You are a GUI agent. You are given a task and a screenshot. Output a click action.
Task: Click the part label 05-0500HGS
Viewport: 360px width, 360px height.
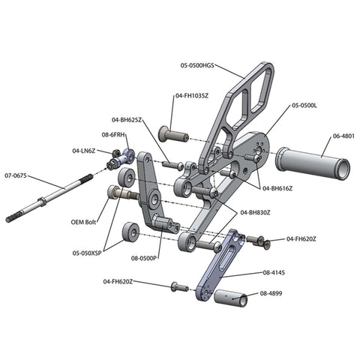[x=197, y=65]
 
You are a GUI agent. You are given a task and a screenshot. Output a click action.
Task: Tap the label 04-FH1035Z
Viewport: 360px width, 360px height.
[x=192, y=95]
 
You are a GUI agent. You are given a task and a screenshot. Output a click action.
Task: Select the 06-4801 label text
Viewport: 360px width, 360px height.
[x=343, y=136]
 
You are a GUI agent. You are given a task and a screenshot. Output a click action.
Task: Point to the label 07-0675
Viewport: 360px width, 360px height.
[x=16, y=175]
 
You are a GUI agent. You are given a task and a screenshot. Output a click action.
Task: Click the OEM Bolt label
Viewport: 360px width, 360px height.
[x=83, y=222]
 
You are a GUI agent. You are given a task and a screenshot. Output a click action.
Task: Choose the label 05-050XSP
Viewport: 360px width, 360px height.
[x=87, y=253]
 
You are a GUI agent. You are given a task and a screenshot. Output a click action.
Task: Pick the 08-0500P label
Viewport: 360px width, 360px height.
[x=143, y=258]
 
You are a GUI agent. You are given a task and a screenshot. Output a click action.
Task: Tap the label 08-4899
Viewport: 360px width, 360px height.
[x=271, y=293]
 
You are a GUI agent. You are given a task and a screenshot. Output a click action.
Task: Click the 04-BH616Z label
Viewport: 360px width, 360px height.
[x=277, y=188]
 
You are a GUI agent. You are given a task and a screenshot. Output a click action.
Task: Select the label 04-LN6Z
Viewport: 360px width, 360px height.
[x=84, y=151]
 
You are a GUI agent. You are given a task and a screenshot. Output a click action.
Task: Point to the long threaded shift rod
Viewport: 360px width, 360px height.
[x=49, y=198]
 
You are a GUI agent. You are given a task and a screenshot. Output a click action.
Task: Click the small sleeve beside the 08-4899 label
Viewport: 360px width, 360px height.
[x=231, y=298]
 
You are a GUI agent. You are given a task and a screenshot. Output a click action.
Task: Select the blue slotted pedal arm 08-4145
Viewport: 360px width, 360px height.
[x=220, y=265]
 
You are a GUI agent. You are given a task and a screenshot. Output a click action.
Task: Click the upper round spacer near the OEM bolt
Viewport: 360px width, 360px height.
[x=127, y=178]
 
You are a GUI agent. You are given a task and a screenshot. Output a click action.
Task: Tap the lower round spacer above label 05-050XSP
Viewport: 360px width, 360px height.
[x=130, y=232]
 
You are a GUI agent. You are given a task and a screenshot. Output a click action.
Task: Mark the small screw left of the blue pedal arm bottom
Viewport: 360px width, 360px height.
[x=180, y=287]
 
